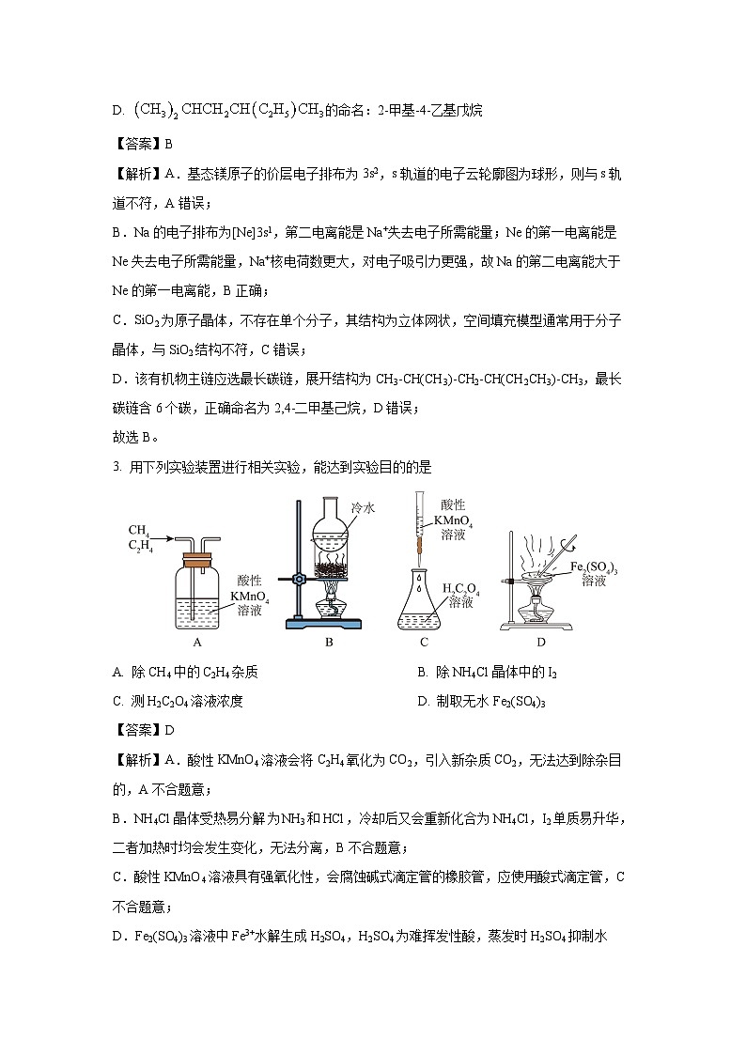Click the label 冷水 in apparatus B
pyautogui.click(x=363, y=507)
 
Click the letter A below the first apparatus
pyautogui.click(x=197, y=643)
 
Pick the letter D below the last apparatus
pyautogui.click(x=541, y=643)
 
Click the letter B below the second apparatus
pyautogui.click(x=329, y=643)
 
